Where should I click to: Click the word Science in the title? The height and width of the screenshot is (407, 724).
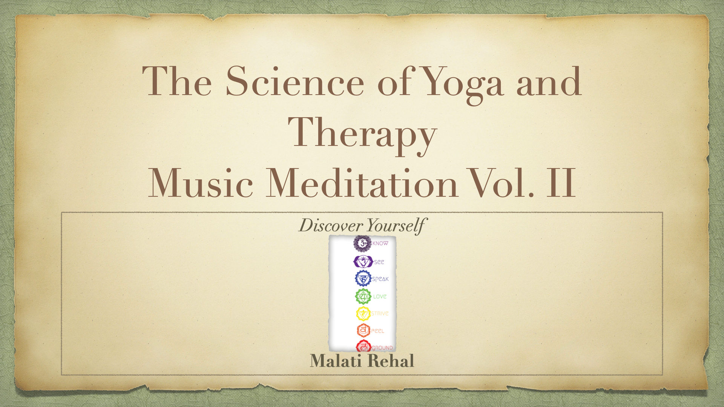(295, 82)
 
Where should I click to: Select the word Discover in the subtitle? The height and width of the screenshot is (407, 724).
(330, 226)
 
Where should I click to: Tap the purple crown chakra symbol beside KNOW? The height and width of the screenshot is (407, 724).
(362, 243)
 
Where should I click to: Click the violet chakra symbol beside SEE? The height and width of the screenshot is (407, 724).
(362, 261)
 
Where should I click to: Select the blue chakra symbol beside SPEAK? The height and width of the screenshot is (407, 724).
(362, 279)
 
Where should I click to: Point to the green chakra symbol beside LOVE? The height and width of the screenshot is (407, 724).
(362, 296)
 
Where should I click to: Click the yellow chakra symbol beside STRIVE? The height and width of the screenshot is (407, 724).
(362, 313)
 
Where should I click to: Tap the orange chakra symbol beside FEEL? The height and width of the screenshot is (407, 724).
(362, 330)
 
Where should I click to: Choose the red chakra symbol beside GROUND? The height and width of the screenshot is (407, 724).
(363, 346)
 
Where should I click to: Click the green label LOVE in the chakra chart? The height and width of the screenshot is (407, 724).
(380, 297)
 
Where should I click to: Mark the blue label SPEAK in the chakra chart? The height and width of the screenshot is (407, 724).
(380, 279)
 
